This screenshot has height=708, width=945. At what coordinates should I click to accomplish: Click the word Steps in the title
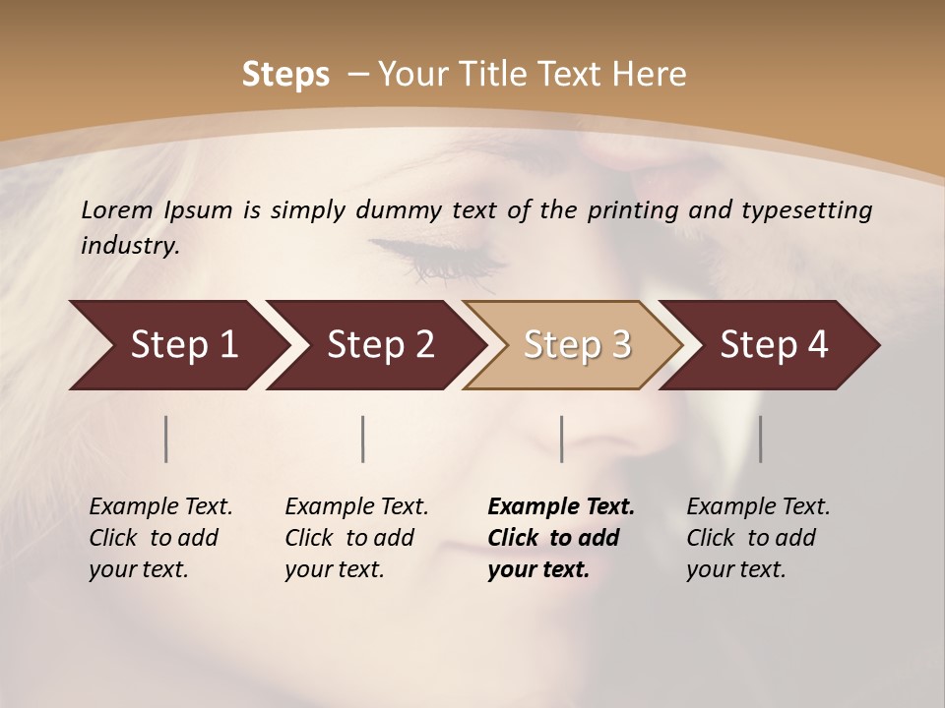[x=285, y=75]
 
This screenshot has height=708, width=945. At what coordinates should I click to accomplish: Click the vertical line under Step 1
[x=166, y=439]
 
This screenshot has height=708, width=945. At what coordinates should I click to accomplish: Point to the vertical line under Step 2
[x=363, y=439]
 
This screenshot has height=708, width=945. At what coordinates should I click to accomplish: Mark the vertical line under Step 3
[x=561, y=439]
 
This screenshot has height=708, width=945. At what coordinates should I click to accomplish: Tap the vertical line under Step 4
[x=760, y=439]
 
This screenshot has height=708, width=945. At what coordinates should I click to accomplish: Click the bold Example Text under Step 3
[x=561, y=507]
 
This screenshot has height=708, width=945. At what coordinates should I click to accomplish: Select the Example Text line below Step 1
[x=160, y=507]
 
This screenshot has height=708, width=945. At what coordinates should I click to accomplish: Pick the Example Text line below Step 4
[x=758, y=507]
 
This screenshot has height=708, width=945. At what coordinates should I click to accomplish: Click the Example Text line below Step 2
[x=356, y=507]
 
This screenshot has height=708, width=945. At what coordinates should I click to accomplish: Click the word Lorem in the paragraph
[x=117, y=210]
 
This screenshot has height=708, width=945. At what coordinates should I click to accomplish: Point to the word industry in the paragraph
[x=129, y=246]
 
